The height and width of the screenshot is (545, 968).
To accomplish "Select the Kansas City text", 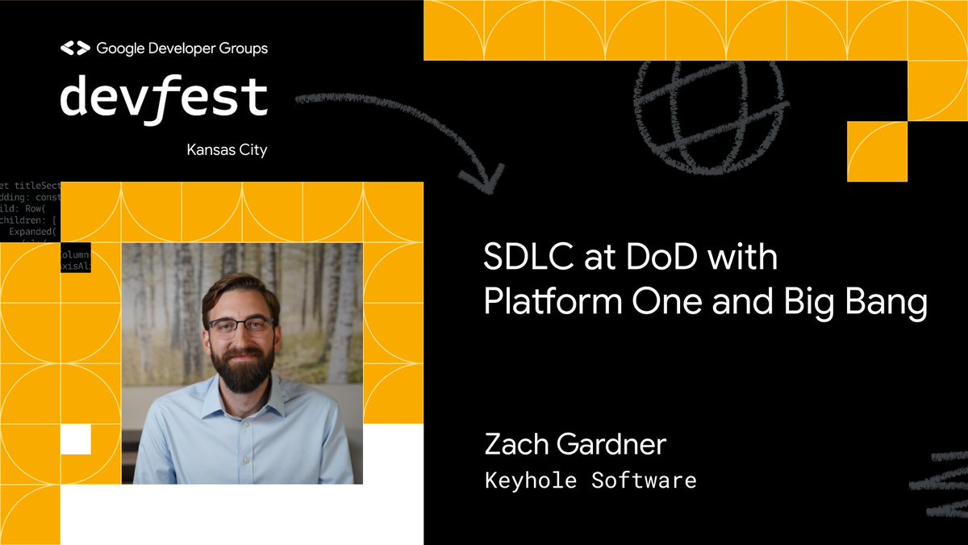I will click(x=227, y=150).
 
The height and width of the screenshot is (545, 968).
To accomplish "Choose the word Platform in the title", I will click(x=549, y=303).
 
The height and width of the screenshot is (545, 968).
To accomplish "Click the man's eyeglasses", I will click(x=240, y=326).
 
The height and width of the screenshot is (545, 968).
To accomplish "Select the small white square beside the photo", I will click(x=76, y=439).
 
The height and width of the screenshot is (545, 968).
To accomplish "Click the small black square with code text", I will click(x=75, y=258).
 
